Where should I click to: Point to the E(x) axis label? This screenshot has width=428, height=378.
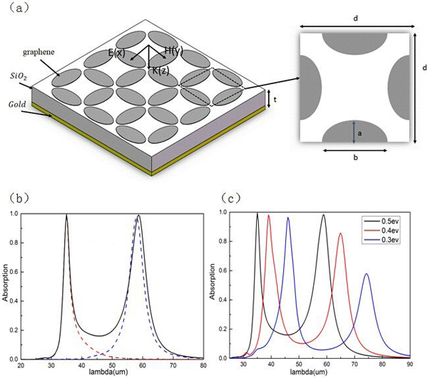(x=118, y=52)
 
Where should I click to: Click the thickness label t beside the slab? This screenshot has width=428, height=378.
(x=275, y=100)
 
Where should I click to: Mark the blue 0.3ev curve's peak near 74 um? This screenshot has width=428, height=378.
(x=367, y=274)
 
